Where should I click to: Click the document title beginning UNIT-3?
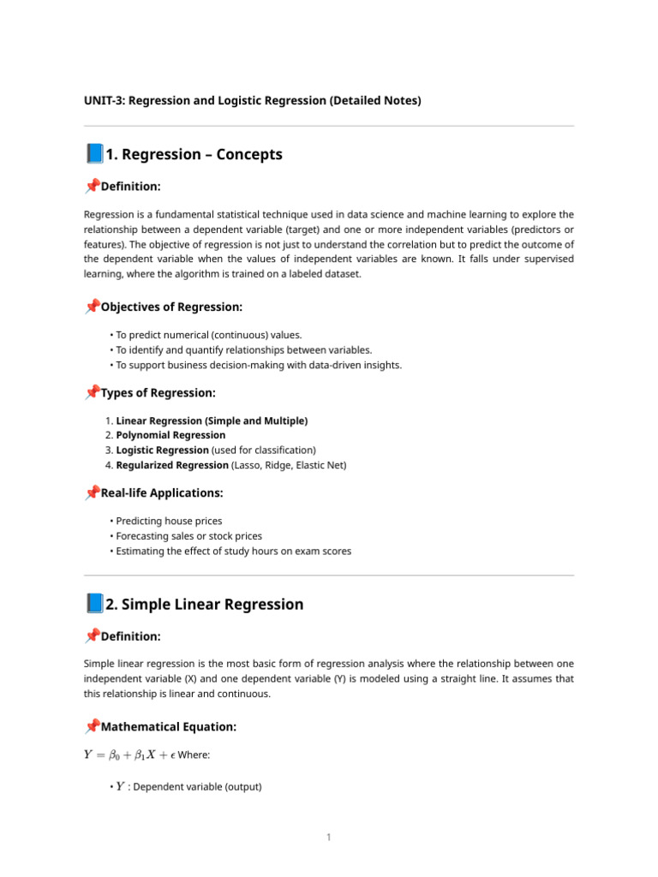tap(252, 101)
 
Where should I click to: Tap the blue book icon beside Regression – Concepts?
tap(93, 154)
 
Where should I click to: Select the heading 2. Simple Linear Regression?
tap(204, 605)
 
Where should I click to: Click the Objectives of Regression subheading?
tap(171, 307)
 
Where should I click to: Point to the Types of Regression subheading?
tap(158, 393)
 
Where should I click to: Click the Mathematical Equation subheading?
tap(168, 727)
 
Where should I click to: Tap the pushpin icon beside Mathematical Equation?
tap(92, 727)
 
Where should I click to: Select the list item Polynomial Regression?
tap(170, 435)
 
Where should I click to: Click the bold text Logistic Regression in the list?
tap(162, 450)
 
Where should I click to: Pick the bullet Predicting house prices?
tap(169, 521)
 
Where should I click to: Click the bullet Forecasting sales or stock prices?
tap(188, 536)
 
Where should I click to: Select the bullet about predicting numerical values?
tap(208, 335)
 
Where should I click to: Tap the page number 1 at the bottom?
tap(328, 837)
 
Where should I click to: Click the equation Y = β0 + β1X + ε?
tap(129, 755)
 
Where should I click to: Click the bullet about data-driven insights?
tap(258, 365)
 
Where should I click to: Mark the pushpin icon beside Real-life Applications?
tap(92, 493)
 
